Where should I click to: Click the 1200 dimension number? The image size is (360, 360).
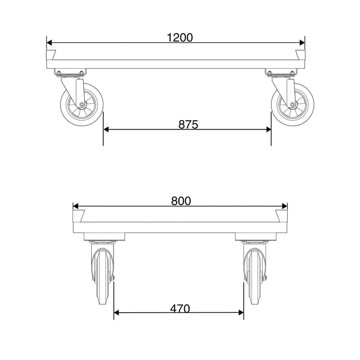pyautogui.click(x=180, y=38)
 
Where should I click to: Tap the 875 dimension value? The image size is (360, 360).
pyautogui.click(x=188, y=124)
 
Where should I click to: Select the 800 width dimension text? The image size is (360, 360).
pyautogui.click(x=181, y=201)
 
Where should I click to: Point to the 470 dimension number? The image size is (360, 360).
pyautogui.click(x=180, y=309)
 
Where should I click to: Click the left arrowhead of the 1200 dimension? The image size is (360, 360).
pyautogui.click(x=49, y=43)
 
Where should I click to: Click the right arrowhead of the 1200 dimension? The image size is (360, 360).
pyautogui.click(x=302, y=43)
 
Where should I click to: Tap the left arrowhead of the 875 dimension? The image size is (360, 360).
pyautogui.click(x=106, y=130)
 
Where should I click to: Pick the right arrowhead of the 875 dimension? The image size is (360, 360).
pyautogui.click(x=268, y=130)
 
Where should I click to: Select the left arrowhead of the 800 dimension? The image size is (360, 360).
pyautogui.click(x=76, y=206)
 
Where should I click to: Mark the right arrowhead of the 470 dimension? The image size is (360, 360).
pyautogui.click(x=241, y=312)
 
